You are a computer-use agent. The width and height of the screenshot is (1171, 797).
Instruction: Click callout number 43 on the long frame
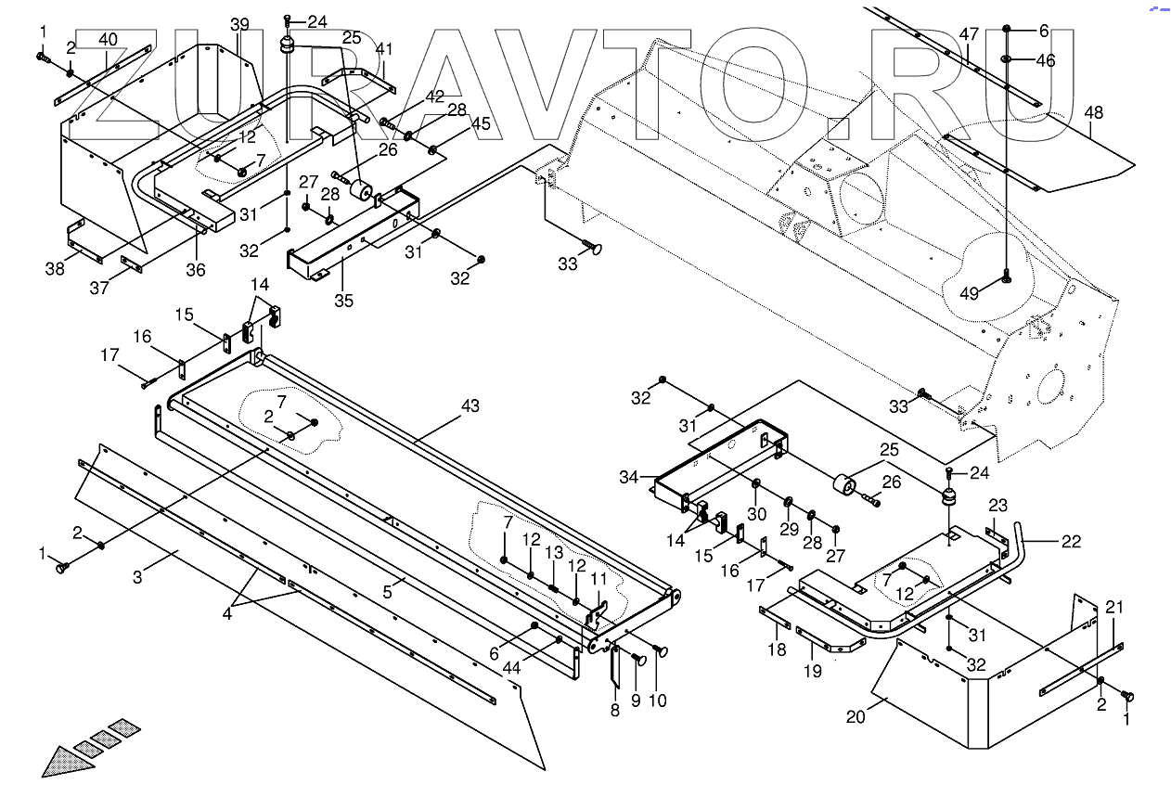[x=470, y=405]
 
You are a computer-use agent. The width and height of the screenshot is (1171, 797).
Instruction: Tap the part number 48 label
[x=1093, y=113]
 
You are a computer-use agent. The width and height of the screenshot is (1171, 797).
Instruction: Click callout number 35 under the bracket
[x=343, y=301]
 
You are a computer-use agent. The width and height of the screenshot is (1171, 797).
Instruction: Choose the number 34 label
[x=628, y=477]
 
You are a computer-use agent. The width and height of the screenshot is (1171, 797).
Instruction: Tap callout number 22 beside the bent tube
[x=1071, y=542]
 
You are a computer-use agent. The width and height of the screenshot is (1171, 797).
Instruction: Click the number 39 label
[x=240, y=22]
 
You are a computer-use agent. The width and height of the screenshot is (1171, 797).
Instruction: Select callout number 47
[x=969, y=34]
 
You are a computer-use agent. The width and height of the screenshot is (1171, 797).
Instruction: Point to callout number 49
[x=970, y=293]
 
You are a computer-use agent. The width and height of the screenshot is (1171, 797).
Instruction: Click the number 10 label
[x=658, y=701]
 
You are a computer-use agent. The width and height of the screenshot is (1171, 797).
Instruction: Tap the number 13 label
[x=554, y=552]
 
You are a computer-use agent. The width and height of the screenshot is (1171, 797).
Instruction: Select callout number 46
[x=1045, y=61]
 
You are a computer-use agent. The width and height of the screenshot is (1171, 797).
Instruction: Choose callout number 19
[x=812, y=671]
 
